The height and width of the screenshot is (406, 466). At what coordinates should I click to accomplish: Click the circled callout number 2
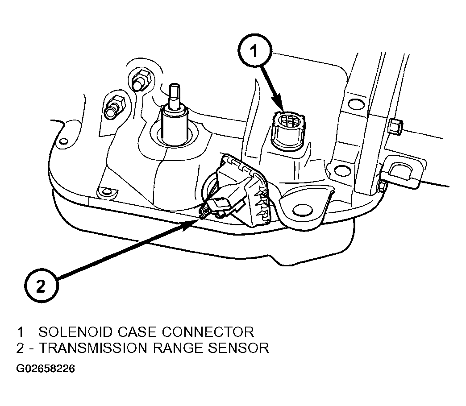[x=42, y=286]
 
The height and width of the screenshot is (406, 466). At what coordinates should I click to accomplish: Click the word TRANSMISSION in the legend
[x=93, y=348]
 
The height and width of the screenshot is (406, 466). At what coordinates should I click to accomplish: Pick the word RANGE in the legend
[x=178, y=348]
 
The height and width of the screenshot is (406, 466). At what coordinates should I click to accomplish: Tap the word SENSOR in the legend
[x=239, y=348]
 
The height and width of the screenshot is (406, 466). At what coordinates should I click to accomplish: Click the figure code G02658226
[x=46, y=369]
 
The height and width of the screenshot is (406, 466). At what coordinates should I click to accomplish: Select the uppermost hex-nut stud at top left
[x=141, y=79]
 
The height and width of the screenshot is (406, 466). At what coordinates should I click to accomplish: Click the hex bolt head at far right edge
[x=395, y=126]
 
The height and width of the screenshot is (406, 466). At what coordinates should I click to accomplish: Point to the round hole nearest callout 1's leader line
[x=356, y=104]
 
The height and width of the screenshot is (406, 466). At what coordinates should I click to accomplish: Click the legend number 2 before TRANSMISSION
[x=20, y=348]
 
